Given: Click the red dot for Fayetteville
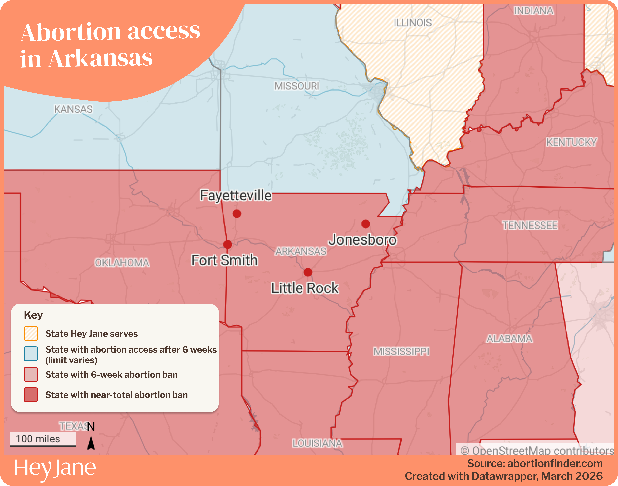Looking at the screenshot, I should click(237, 213).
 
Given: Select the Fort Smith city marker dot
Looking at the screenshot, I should click(227, 244).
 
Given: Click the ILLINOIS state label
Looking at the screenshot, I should click(413, 23).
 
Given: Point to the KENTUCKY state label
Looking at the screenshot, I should click(571, 142).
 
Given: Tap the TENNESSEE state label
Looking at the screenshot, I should click(530, 225).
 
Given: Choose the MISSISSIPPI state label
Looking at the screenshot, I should click(401, 351).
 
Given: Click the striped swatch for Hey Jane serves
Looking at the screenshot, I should click(31, 333).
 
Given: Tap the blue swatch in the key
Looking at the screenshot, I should click(31, 354).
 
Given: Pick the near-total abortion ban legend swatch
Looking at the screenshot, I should click(31, 395).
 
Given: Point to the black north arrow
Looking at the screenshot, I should click(91, 443).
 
